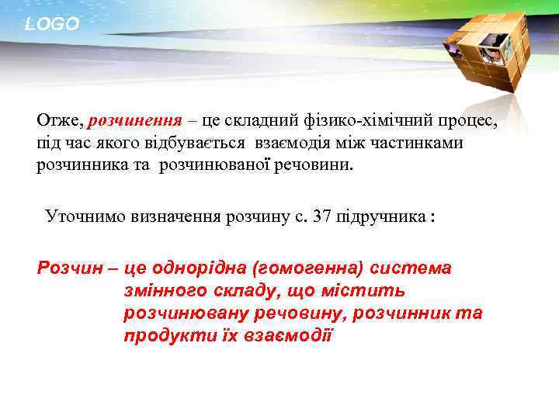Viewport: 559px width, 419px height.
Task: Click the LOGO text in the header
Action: [52, 24]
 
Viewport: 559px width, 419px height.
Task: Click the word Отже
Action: [59, 121]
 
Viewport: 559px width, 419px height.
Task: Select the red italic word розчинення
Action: [136, 121]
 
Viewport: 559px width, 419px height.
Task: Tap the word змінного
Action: [162, 291]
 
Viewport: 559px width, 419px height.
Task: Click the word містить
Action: [366, 291]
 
